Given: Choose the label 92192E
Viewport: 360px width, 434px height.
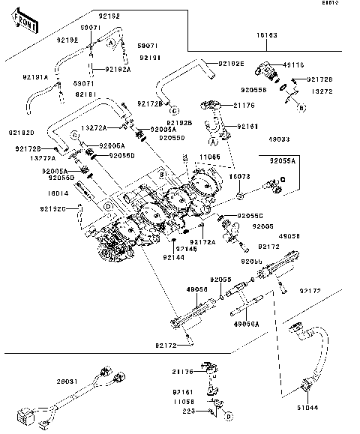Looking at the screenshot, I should (x=232, y=64).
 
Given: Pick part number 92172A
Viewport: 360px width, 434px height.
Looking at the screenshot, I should (x=202, y=242).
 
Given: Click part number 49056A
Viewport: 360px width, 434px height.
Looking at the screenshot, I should (x=246, y=324).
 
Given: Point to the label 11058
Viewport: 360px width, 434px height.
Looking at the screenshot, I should (x=182, y=402).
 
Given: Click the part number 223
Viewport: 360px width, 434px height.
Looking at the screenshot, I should (x=189, y=412).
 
